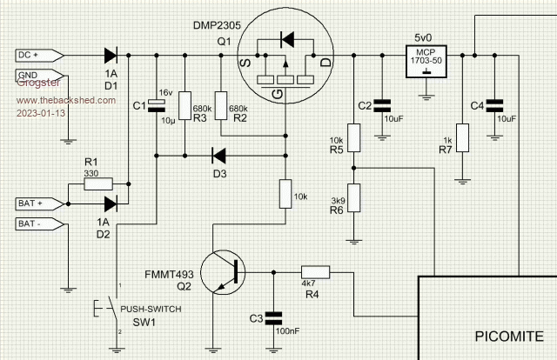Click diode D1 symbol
tap(111, 55)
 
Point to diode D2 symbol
tap(111, 203)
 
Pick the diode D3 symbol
tap(219, 157)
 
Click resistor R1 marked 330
tap(91, 183)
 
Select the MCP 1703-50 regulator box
tap(426, 57)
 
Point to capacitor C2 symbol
tap(381, 105)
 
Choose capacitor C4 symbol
tap(494, 105)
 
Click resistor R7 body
tap(460, 137)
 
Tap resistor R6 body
tap(353, 197)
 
